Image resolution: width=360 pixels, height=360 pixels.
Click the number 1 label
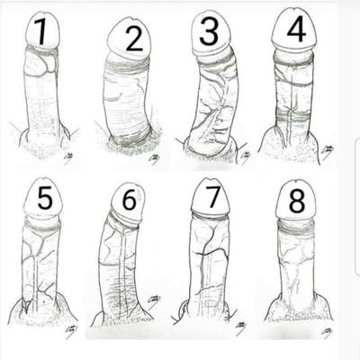coord(41,32)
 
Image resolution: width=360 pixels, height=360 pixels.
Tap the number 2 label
coord(134,39)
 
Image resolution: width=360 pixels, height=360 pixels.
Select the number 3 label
coord(209,32)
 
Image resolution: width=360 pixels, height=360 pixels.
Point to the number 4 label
coord(296,29)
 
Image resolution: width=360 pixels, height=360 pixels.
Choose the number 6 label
coord(130,199)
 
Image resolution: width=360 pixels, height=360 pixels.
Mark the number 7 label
coord(212,197)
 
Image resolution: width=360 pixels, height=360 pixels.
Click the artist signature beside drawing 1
coord(69,157)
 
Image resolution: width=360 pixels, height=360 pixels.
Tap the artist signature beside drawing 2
coord(154,158)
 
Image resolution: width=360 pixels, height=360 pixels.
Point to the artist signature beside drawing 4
coord(326,149)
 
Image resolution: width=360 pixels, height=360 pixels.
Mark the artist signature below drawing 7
coord(240,327)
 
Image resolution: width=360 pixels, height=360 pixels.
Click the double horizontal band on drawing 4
coord(293,116)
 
